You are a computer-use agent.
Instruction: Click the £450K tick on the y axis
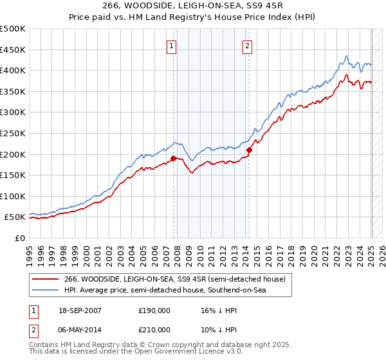13,50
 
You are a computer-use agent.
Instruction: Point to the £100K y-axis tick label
13,196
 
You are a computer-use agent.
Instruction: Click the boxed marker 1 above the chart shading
173,46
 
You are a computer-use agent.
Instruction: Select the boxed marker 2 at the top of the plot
247,46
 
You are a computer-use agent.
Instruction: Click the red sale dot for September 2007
173,158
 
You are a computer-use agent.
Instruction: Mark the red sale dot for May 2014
249,150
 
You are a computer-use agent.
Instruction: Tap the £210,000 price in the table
154,330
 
